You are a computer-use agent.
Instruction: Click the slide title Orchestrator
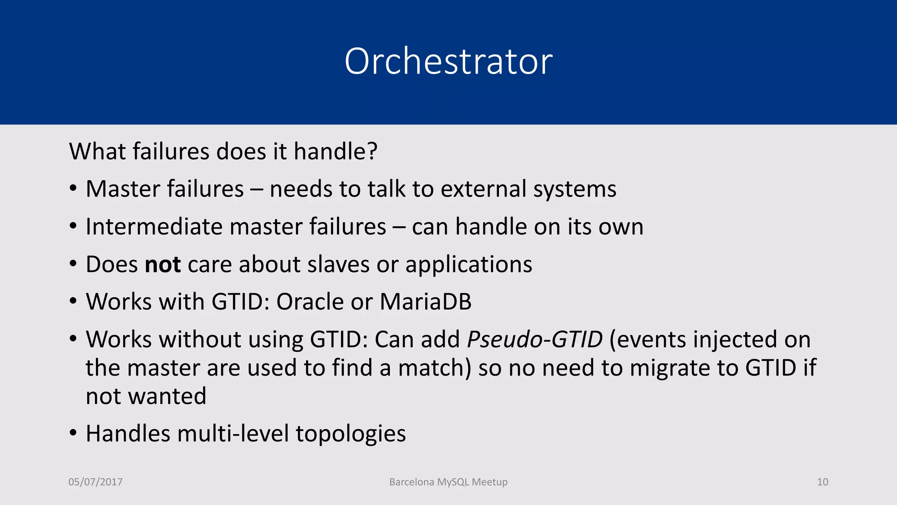tap(448, 61)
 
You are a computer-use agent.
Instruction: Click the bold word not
tap(162, 264)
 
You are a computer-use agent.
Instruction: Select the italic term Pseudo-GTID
tap(535, 339)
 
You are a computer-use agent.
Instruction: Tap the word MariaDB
tap(425, 302)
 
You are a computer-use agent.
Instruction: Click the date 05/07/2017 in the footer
tap(95, 482)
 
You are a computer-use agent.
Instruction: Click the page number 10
tap(823, 482)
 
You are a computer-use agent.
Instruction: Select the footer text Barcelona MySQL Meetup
tap(448, 482)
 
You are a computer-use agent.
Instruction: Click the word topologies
tap(351, 434)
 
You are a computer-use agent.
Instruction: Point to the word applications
tap(469, 264)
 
